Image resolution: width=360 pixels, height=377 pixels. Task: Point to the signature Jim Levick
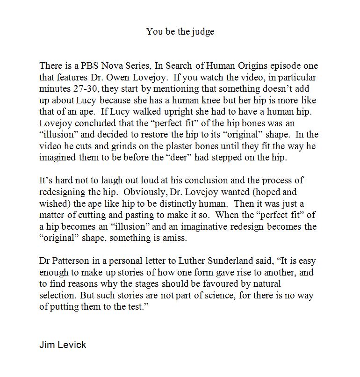click(63, 345)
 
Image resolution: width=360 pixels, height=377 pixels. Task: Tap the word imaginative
click(226, 226)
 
